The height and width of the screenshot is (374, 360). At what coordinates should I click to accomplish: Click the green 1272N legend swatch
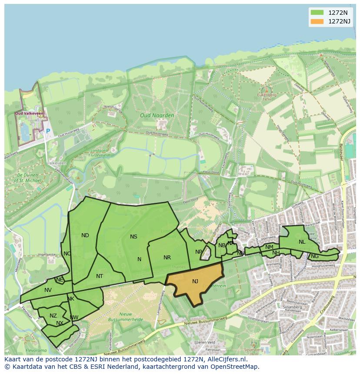tap(317, 12)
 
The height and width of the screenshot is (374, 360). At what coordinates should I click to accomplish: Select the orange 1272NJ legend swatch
tap(317, 21)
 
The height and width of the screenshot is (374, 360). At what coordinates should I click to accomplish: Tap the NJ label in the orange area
tap(195, 281)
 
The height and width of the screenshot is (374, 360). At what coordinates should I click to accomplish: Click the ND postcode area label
tap(85, 235)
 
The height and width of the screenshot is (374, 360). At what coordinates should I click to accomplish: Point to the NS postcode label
tap(133, 237)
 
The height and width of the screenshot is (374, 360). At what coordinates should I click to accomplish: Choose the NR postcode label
tap(167, 258)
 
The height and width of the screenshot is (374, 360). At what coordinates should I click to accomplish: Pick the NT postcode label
tap(100, 276)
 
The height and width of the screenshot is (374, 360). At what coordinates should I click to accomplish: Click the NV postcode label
tap(48, 290)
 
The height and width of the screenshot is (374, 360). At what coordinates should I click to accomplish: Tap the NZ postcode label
tap(53, 316)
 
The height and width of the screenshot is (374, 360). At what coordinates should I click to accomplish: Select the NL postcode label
tap(302, 242)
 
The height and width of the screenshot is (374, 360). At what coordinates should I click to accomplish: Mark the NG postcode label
tap(315, 256)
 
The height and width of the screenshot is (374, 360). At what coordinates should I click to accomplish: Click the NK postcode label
tap(70, 299)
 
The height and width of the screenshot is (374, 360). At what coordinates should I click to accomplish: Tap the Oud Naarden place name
tap(157, 116)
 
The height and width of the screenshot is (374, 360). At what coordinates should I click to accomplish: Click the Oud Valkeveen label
tap(29, 113)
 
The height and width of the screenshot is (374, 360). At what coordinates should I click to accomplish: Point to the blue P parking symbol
tap(48, 131)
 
